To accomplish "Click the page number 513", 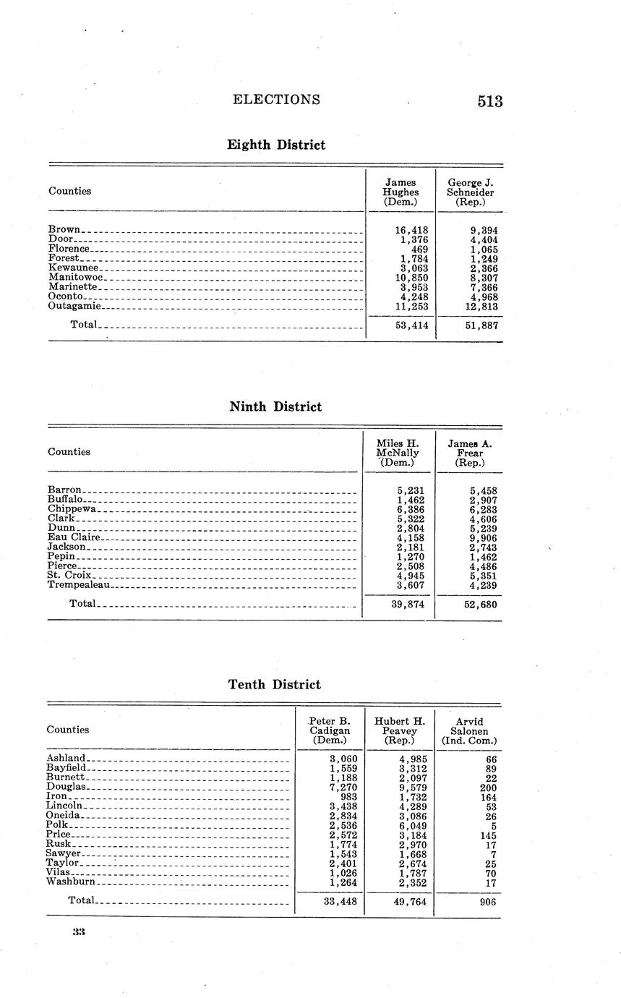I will tap(489, 101).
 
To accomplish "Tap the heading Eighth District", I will tap(276, 145).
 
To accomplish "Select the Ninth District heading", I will tap(275, 406).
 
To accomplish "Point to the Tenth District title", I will tap(275, 684).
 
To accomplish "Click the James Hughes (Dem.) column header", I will tap(401, 192).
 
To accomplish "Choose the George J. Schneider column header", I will tap(470, 192).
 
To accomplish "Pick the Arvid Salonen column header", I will tap(469, 731).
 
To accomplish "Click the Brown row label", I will tap(64, 229).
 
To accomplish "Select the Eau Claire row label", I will tap(73, 537).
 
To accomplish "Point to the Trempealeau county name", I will tap(78, 585).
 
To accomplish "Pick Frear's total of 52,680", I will tap(479, 605).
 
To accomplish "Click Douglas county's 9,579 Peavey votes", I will tap(412, 787).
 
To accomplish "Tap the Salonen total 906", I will tap(487, 901).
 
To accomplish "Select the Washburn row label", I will tap(70, 882).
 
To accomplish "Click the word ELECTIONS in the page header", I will tap(276, 100).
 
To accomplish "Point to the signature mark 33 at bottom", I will tap(79, 932).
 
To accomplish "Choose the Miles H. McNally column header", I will tap(398, 452).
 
